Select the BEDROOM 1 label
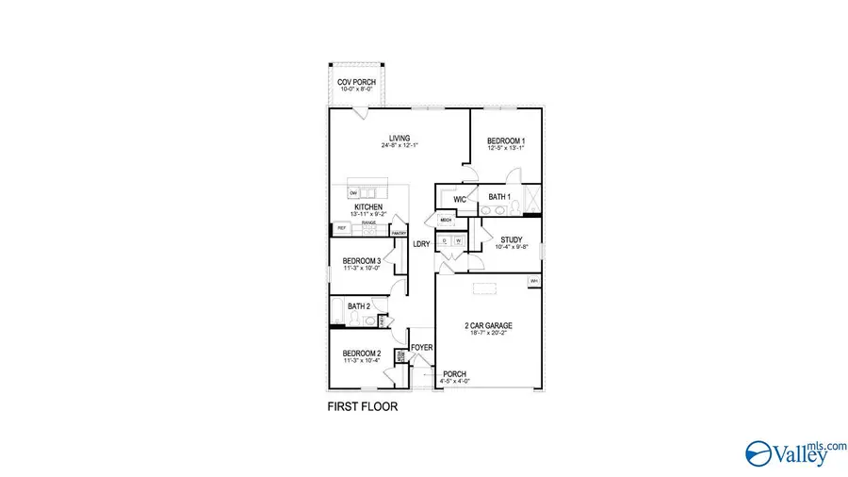[x=506, y=140]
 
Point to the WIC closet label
[x=460, y=200]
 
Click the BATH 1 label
[x=499, y=196]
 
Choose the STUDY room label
[x=512, y=239]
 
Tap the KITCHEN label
[x=368, y=206]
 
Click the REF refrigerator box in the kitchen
[x=341, y=229]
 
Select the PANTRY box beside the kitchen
[x=399, y=231]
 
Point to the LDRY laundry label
[x=422, y=244]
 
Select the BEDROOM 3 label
[x=362, y=261]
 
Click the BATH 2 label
[x=358, y=306]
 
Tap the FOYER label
[x=421, y=348]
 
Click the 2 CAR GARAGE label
[x=488, y=326]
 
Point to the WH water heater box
[x=534, y=281]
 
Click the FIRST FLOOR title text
[x=362, y=408]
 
